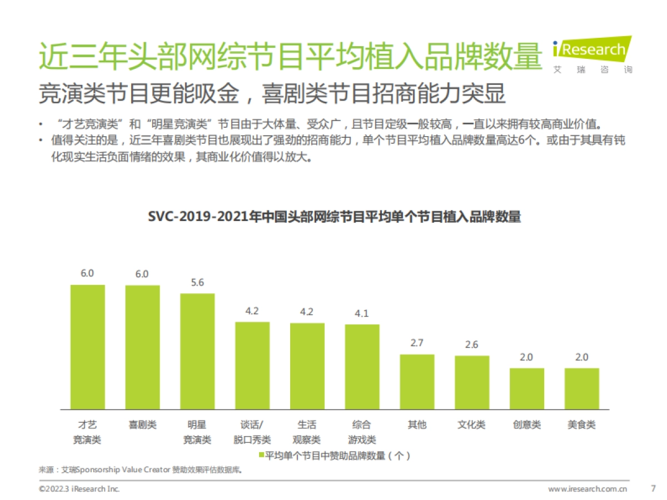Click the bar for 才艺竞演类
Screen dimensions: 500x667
(x=87, y=347)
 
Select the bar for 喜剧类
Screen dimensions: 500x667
(x=142, y=347)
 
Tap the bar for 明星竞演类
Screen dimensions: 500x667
(x=197, y=351)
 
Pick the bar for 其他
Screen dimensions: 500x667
(x=417, y=382)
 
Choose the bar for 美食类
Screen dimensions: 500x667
(x=581, y=389)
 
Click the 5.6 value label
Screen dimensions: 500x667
(x=197, y=282)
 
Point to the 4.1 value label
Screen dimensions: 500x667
(x=362, y=313)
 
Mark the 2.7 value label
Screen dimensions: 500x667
(x=417, y=343)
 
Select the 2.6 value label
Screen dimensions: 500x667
(x=471, y=344)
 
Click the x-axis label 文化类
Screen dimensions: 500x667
(x=471, y=425)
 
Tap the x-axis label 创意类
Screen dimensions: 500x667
(x=526, y=425)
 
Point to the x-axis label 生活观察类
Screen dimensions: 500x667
(x=307, y=432)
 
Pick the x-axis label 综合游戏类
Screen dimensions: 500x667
(x=362, y=432)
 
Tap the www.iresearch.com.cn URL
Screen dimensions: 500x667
(x=588, y=489)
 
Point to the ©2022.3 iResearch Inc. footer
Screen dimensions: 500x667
(x=79, y=489)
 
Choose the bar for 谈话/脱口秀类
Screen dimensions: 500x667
(x=252, y=366)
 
